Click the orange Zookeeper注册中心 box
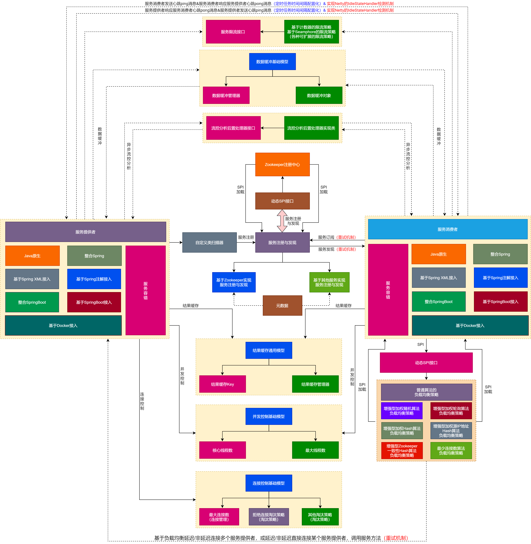(282, 164)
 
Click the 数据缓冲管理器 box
(226, 95)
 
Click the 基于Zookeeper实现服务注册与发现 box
(234, 282)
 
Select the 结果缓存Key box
(222, 384)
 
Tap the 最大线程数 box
(315, 450)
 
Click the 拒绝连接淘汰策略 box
(268, 517)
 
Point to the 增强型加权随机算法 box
(402, 411)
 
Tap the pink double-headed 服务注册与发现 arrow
(282, 221)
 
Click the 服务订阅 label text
(326, 237)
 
